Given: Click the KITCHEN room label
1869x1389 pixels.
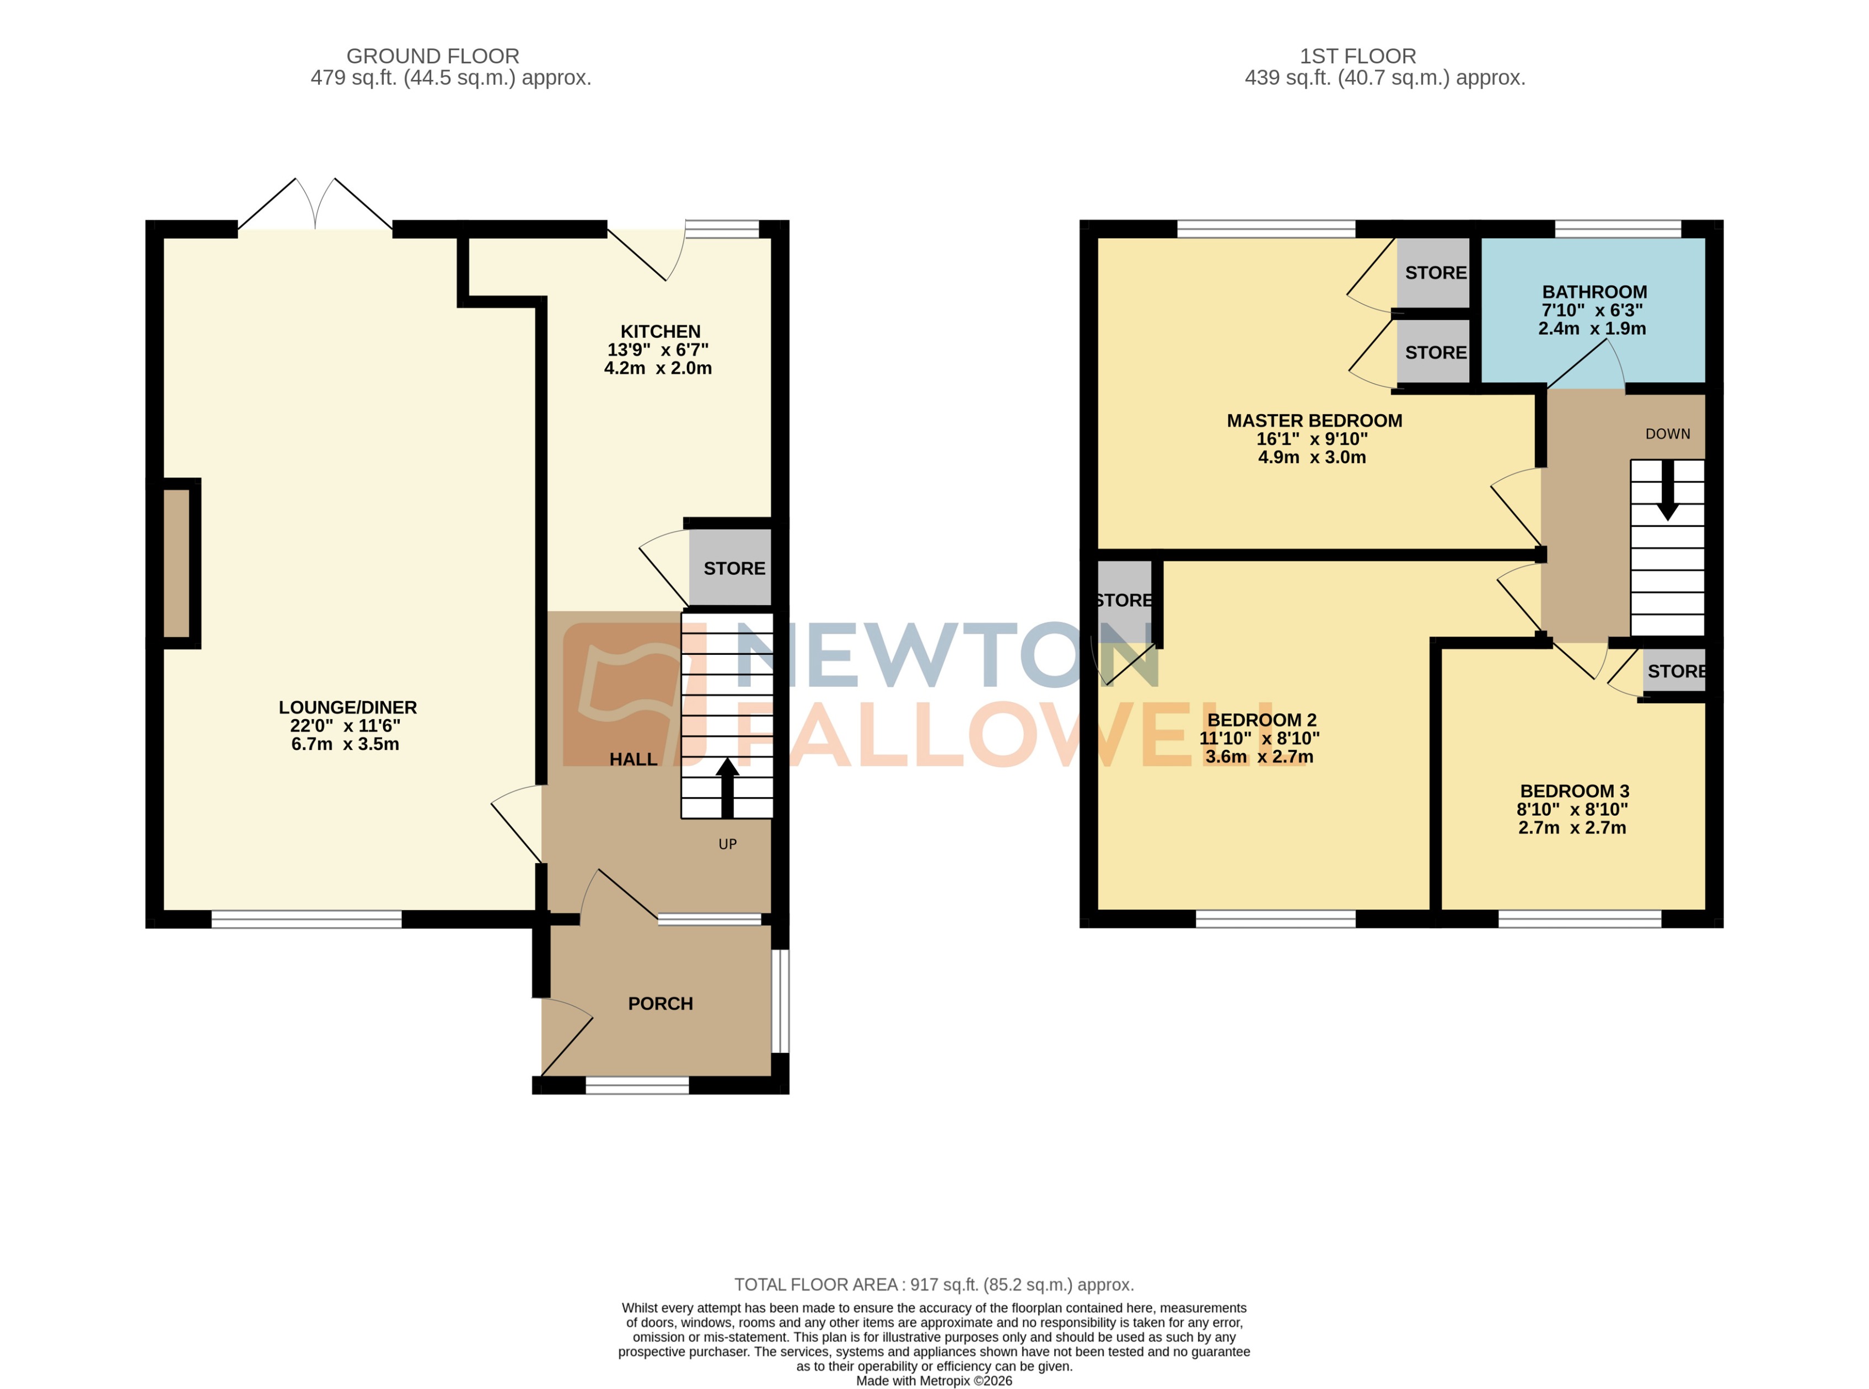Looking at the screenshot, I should click(660, 331).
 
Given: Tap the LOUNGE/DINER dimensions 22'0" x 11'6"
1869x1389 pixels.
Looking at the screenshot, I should click(345, 725).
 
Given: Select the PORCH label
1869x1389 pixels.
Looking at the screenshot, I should click(660, 1003).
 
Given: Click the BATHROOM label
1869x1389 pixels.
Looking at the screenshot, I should click(1594, 292).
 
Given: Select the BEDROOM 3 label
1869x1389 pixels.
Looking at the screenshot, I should click(1574, 791).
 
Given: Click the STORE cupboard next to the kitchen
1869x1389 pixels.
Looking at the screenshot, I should click(733, 568).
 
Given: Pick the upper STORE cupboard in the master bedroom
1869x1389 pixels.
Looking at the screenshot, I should click(1435, 272).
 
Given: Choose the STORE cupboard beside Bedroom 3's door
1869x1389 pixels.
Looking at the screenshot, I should click(1675, 671).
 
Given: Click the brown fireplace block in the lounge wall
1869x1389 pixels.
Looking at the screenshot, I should click(176, 563).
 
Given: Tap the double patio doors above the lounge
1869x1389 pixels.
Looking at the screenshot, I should click(315, 206).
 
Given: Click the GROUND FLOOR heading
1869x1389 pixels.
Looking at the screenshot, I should click(432, 56).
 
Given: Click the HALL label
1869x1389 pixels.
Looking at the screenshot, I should click(632, 759).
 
